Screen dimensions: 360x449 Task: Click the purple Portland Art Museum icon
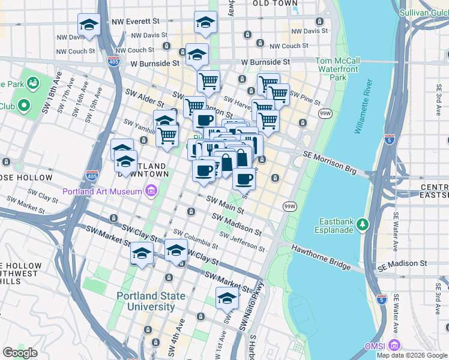point(151,191)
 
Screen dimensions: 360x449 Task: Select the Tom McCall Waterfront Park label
point(338,69)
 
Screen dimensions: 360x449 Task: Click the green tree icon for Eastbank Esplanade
point(362,224)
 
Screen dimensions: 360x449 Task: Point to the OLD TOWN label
point(275,4)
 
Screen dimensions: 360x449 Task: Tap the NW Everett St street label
point(137,22)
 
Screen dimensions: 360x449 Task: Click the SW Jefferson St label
point(243,241)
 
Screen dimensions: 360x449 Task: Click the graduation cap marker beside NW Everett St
point(89,25)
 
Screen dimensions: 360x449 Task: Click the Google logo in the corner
point(20,353)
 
